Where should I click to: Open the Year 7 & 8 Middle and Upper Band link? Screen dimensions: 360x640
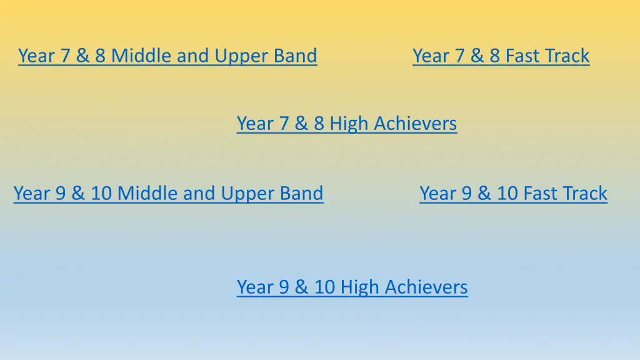tap(167, 56)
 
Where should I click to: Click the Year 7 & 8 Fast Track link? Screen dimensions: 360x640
tap(501, 56)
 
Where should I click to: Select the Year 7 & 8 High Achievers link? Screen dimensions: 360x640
tap(347, 124)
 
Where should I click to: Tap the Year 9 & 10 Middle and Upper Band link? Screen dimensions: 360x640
tap(168, 194)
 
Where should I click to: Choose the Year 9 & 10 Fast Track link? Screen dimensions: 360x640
tap(513, 194)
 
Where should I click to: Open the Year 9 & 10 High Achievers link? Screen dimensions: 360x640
tap(352, 287)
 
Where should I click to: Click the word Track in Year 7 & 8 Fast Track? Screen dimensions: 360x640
tap(566, 56)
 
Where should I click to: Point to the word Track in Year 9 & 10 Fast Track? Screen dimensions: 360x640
tap(584, 194)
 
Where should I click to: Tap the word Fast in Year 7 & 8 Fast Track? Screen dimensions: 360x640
tap(521, 56)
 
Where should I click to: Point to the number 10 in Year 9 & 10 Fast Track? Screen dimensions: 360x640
tap(507, 194)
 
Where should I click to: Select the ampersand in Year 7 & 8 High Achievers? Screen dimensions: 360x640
tap(301, 124)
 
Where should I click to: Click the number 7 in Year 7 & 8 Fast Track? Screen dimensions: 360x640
tap(459, 56)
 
